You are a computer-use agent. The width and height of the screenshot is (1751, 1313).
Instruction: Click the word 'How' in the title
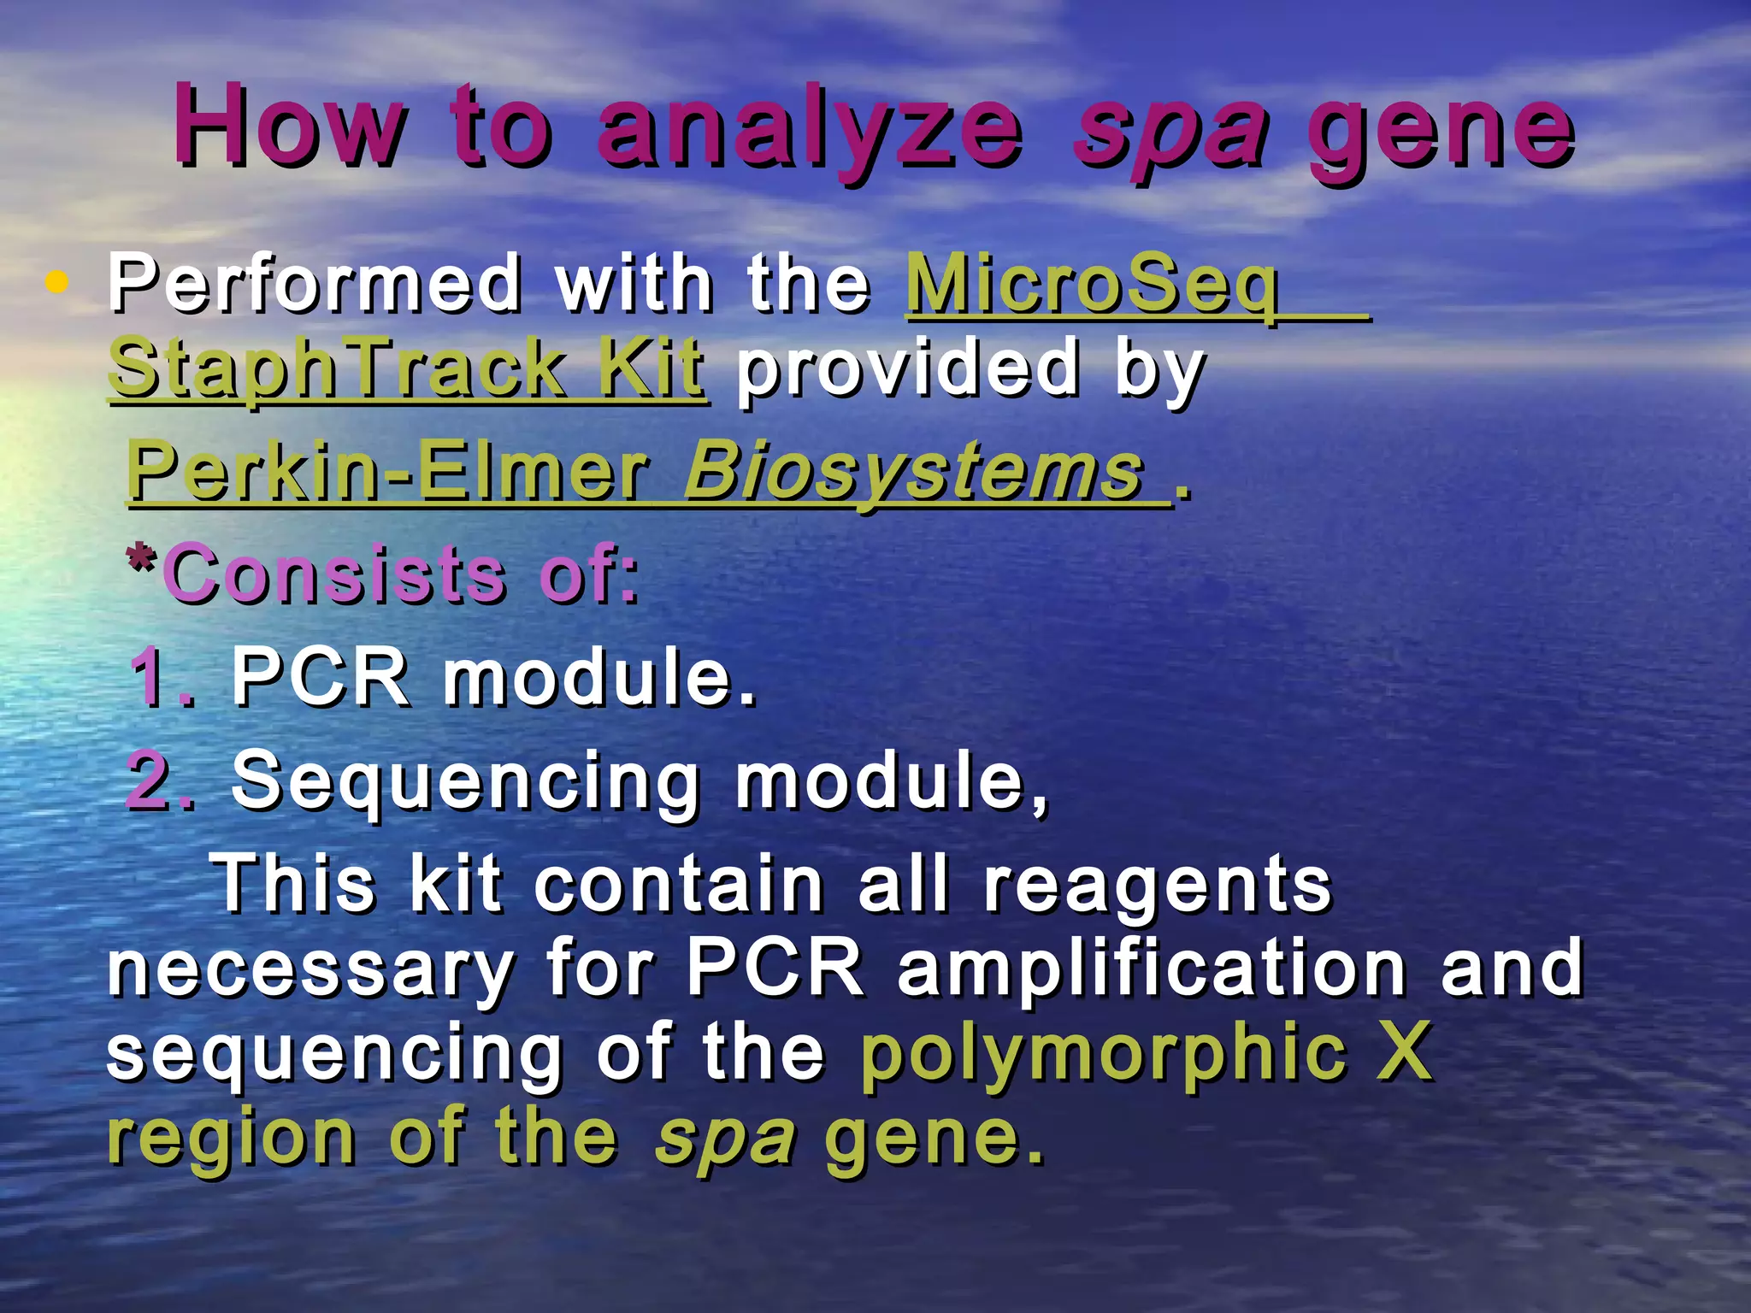[x=288, y=127]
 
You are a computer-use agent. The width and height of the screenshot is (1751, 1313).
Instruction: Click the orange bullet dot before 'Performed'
[x=56, y=281]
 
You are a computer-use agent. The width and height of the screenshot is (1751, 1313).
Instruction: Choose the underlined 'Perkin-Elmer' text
[x=388, y=471]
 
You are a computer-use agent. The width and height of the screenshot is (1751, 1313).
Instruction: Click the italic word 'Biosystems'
[x=914, y=473]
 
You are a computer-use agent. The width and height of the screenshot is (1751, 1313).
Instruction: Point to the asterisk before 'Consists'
[x=141, y=562]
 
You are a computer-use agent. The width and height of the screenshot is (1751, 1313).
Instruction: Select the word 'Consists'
[x=335, y=574]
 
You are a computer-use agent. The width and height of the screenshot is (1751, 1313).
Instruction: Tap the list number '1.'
[x=162, y=677]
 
